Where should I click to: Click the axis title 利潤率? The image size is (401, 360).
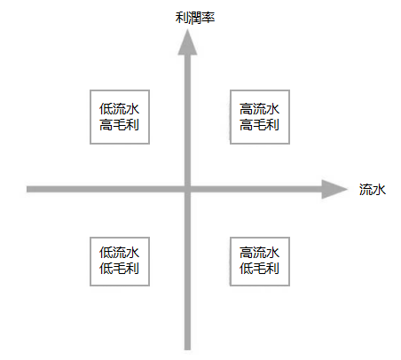click(195, 18)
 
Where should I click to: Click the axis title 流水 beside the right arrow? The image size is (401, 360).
click(373, 190)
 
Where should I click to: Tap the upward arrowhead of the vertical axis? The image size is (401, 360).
click(187, 42)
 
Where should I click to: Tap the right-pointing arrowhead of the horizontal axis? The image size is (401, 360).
click(334, 189)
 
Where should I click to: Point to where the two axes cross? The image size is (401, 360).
click(187, 189)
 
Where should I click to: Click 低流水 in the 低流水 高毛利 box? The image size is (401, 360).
click(119, 109)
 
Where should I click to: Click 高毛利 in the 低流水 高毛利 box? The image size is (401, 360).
click(119, 125)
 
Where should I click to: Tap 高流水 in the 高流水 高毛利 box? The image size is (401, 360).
click(259, 109)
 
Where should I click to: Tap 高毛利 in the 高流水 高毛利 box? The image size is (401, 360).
click(259, 125)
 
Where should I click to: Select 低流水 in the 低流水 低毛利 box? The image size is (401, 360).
click(119, 253)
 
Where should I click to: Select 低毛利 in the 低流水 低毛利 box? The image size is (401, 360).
click(119, 269)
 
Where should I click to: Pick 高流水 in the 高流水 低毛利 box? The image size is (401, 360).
click(259, 253)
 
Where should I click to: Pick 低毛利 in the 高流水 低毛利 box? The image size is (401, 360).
click(259, 269)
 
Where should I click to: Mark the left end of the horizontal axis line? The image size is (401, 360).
click(27, 189)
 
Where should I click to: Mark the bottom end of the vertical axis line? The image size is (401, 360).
click(187, 349)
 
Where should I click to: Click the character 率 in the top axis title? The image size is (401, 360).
click(208, 18)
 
